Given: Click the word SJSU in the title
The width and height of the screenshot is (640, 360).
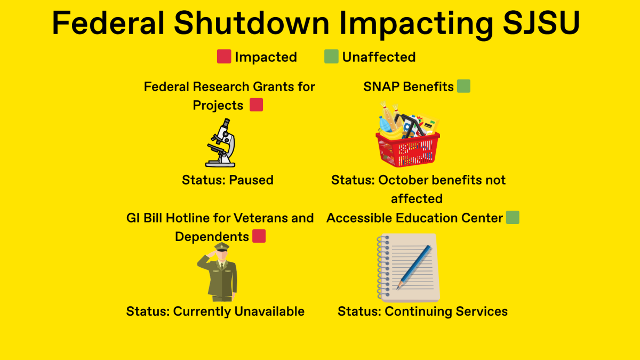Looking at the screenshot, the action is point(541,23).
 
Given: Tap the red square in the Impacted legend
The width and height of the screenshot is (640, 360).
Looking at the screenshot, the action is point(224,57).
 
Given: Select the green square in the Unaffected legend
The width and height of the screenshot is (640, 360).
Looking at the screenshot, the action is point(331,57).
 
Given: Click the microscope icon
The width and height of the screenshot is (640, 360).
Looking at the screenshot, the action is point(221,143).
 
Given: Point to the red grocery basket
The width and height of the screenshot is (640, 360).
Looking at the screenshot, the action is point(407,134).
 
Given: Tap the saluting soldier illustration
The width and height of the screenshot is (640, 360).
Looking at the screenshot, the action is point(218,272).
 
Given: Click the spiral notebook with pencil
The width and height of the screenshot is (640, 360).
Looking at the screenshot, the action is point(409,268).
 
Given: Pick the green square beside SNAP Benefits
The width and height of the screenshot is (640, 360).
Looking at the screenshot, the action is point(463,86).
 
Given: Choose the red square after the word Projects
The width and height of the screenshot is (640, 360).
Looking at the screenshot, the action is point(257,105).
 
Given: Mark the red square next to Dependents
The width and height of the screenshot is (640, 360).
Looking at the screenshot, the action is point(259,236).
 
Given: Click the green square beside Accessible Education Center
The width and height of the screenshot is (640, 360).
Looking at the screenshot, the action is point(513,218).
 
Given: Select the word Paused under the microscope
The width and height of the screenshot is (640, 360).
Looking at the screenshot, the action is point(251,180).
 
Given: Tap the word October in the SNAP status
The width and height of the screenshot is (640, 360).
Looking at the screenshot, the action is point(403,180).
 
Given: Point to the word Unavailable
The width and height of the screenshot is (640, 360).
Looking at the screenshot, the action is point(269,311).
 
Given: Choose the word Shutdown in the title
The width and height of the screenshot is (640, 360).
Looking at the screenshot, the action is point(251,23).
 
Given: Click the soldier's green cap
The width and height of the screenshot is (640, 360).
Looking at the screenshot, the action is point(222,246).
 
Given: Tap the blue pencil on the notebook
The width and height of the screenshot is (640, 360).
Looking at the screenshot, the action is point(414,267).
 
